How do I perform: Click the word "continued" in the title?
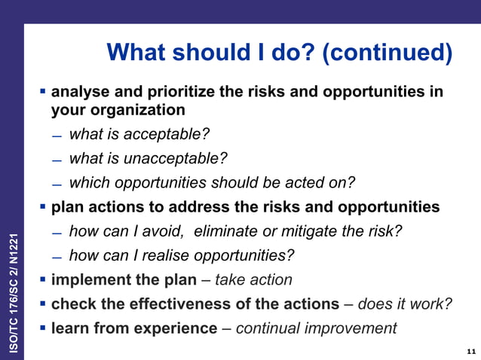385,53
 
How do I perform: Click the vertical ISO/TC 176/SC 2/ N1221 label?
12,285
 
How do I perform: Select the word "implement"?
87,279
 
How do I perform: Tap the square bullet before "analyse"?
43,92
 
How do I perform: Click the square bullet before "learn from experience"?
43,328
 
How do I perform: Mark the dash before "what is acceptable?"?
57,136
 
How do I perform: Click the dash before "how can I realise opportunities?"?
57,257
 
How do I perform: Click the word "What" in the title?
138,53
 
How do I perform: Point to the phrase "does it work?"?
405,304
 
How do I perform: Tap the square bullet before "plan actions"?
43,206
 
